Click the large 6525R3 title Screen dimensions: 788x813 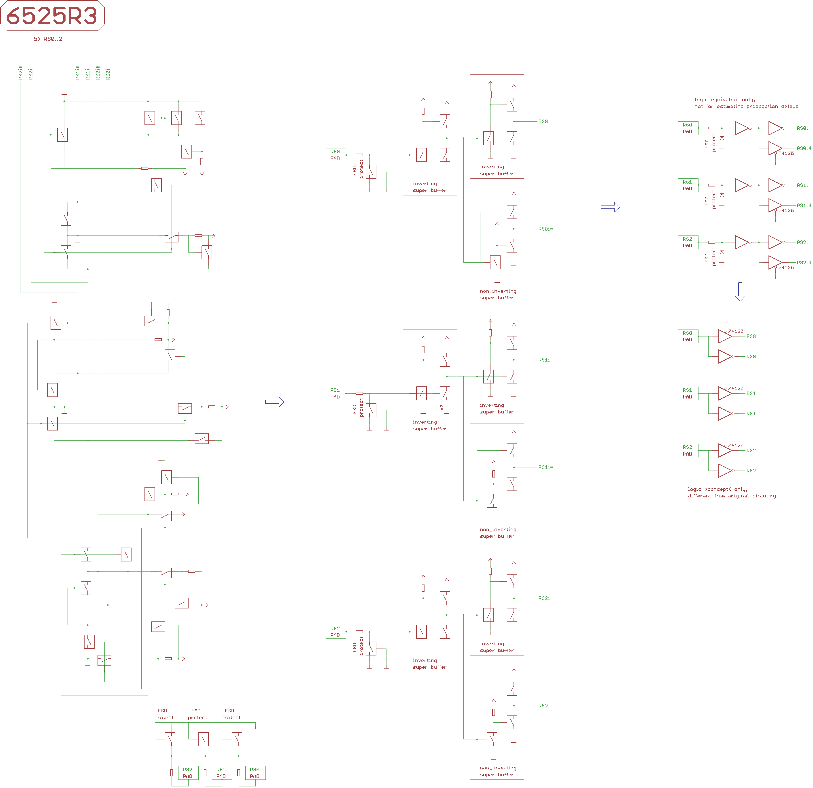pyautogui.click(x=52, y=15)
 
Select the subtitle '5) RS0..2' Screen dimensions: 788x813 pyautogui.click(x=48, y=39)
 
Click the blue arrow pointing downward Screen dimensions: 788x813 pyautogui.click(x=740, y=291)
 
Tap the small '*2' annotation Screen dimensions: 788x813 pyautogui.click(x=442, y=408)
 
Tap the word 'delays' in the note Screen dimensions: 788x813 pyautogui.click(x=790, y=106)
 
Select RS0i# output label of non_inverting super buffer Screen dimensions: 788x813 pyautogui.click(x=546, y=229)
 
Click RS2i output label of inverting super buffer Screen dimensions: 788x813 pyautogui.click(x=544, y=598)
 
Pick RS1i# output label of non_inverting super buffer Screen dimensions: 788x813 pyautogui.click(x=546, y=467)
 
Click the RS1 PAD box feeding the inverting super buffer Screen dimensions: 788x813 pyautogui.click(x=335, y=393)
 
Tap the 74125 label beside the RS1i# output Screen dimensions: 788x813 pyautogui.click(x=786, y=210)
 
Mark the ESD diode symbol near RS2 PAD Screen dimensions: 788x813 pyautogui.click(x=722, y=253)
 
